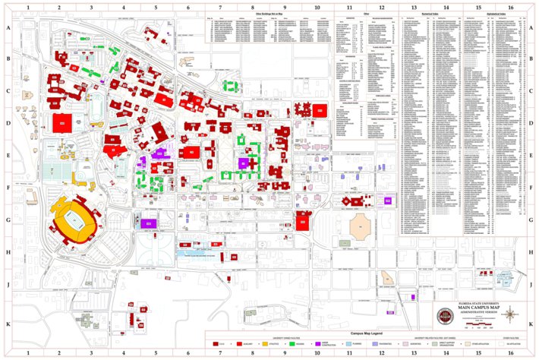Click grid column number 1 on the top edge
[x=28, y=6]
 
